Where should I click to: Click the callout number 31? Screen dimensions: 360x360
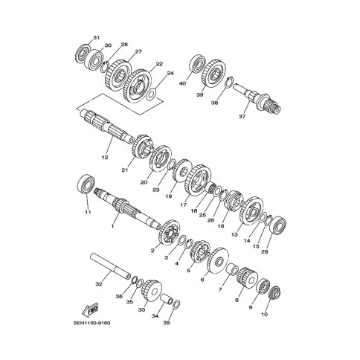click(x=96, y=38)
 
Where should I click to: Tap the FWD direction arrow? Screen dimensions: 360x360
click(x=90, y=309)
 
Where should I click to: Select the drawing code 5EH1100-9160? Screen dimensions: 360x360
click(x=91, y=324)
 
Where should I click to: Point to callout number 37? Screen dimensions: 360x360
click(x=242, y=116)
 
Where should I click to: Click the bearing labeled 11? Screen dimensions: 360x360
click(x=86, y=184)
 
